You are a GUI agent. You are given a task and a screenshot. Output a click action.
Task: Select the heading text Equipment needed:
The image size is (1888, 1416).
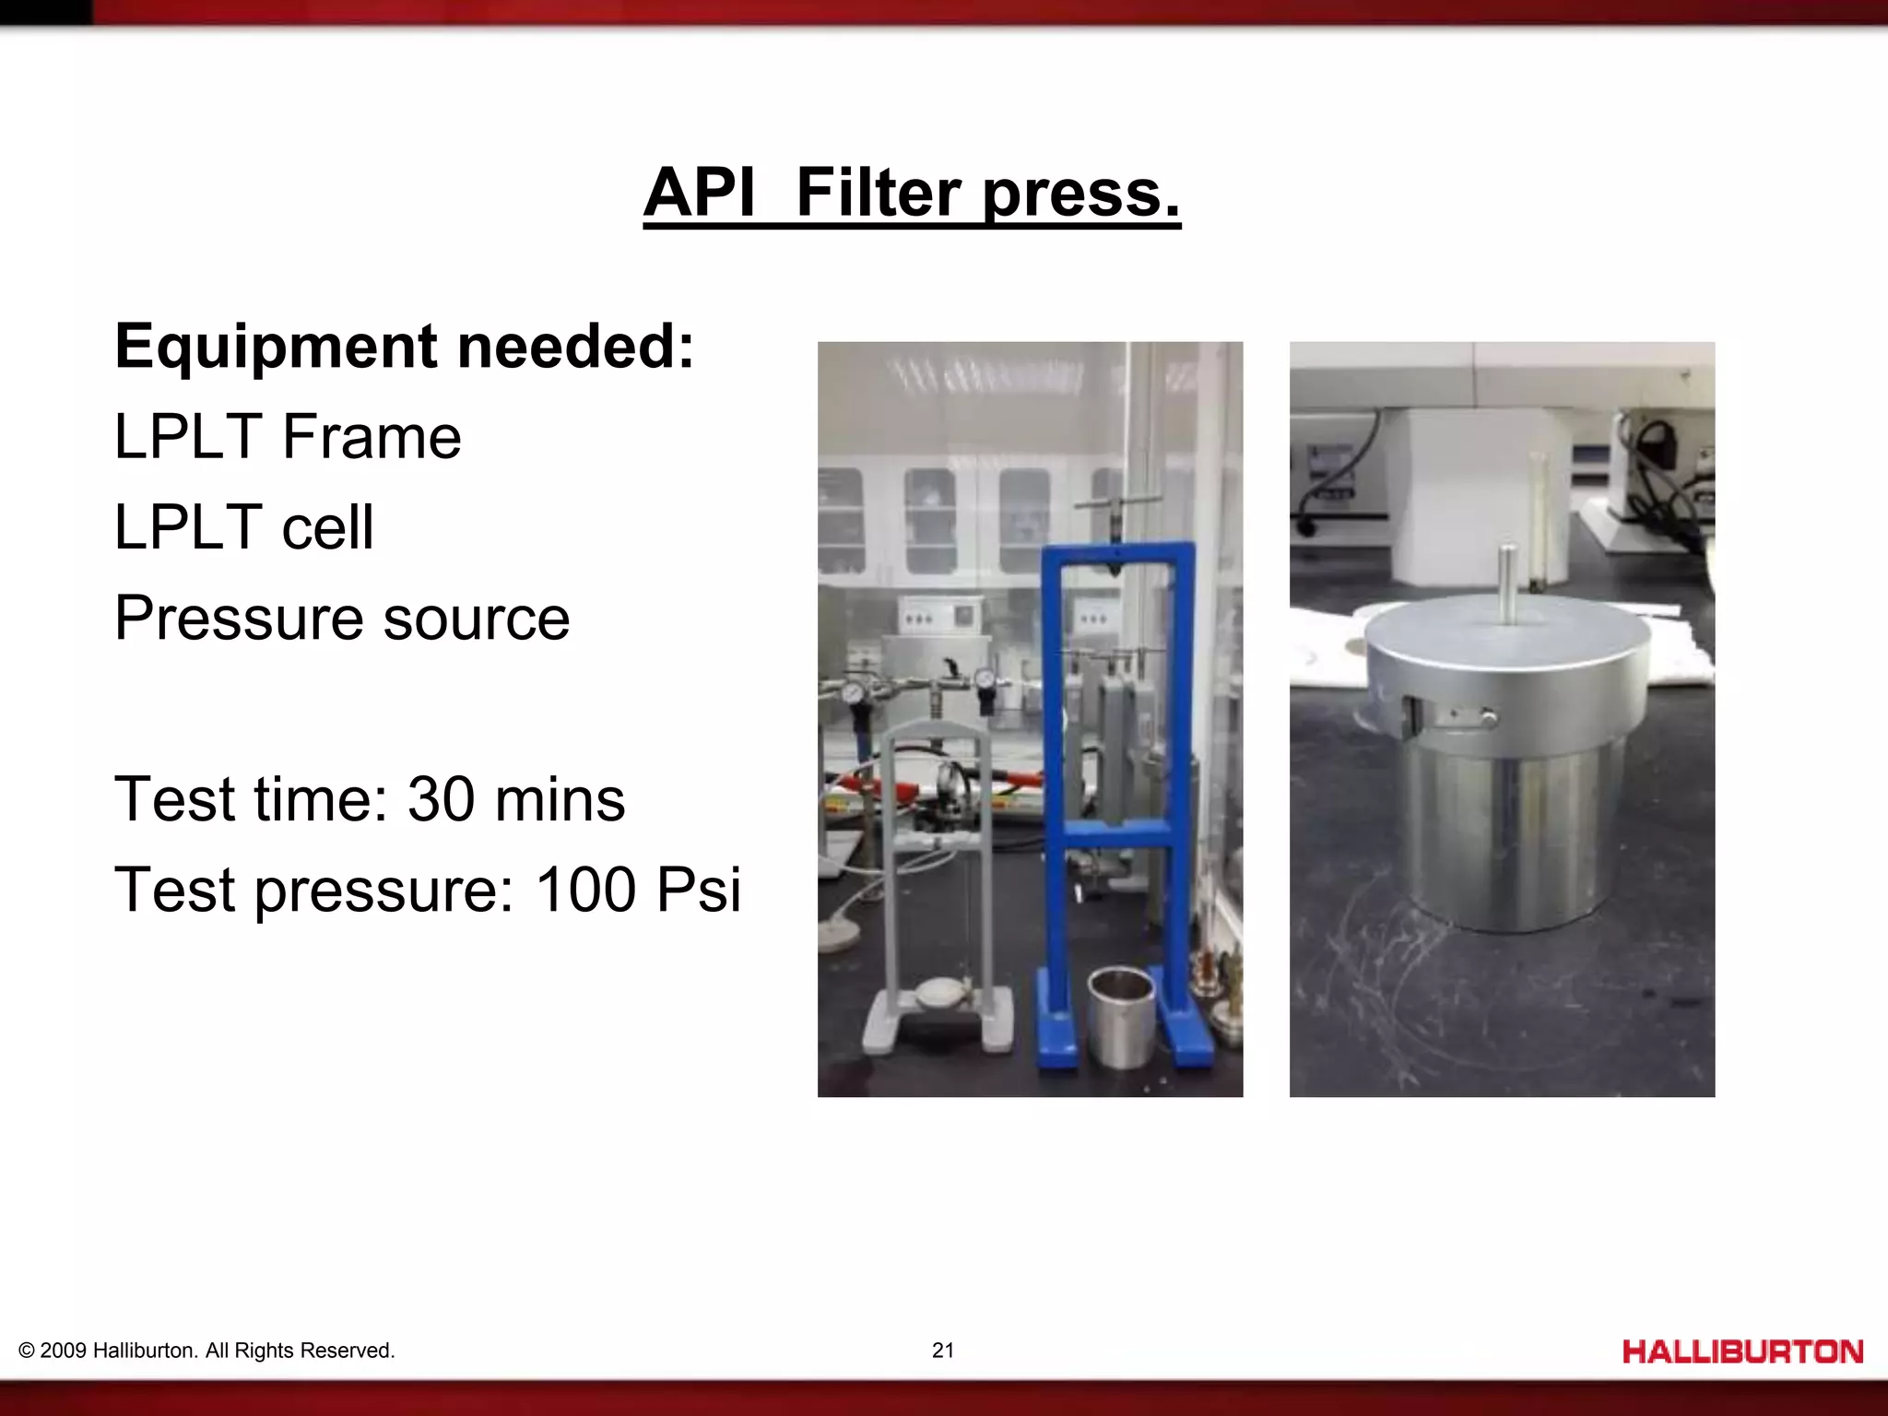(x=405, y=347)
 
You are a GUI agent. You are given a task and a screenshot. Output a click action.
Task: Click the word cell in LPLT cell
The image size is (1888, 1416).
(x=327, y=527)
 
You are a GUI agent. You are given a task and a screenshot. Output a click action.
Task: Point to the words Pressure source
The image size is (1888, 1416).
(x=342, y=618)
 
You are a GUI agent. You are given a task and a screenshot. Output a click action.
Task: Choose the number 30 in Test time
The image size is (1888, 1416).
(x=441, y=798)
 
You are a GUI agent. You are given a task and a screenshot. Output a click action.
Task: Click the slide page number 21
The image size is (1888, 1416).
(x=943, y=1351)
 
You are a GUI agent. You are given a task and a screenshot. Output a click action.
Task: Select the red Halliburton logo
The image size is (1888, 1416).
(x=1742, y=1351)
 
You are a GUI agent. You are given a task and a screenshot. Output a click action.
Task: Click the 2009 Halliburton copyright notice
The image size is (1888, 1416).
(x=206, y=1351)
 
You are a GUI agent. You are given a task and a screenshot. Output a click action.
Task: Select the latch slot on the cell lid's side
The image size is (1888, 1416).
(x=1410, y=716)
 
